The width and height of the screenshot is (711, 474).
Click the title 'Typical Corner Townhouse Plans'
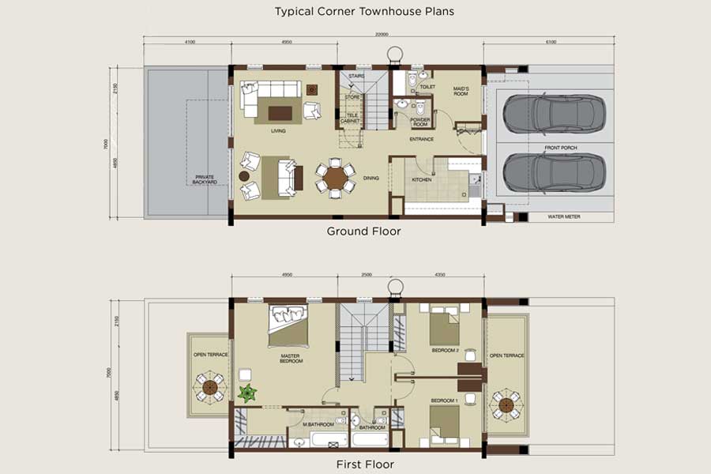[x=364, y=12]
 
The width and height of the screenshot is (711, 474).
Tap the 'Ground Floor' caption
[x=364, y=231]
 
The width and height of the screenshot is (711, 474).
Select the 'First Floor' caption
[x=364, y=464]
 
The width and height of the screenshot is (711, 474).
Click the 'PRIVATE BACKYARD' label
[x=205, y=179]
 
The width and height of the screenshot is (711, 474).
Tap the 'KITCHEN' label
[x=422, y=180]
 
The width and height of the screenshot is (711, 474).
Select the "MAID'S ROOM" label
[x=461, y=91]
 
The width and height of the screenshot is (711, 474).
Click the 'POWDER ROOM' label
[x=419, y=122]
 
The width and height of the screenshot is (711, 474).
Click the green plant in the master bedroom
[x=248, y=393]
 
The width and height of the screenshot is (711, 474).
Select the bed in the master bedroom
[x=288, y=325]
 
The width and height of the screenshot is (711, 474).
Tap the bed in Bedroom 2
[x=444, y=325]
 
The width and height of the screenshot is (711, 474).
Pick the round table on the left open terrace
[x=209, y=386]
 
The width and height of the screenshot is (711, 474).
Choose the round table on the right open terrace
[x=506, y=404]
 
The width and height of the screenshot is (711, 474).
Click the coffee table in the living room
[x=280, y=112]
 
